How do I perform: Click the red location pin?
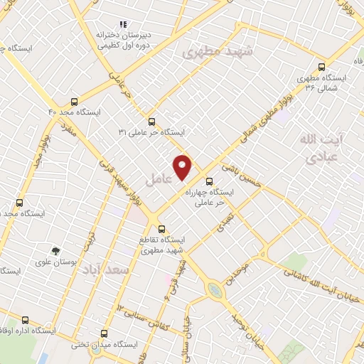pos(183,167)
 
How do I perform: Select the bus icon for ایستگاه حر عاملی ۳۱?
pos(151,122)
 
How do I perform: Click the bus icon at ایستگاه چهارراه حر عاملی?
pos(209,181)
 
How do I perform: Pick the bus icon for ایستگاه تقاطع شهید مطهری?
pos(162,229)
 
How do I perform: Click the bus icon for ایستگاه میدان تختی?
pos(105,333)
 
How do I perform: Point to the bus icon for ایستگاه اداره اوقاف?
pos(26,320)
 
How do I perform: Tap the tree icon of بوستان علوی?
pos(55,250)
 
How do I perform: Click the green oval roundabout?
pos(214,289)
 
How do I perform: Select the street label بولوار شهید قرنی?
pos(132,184)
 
